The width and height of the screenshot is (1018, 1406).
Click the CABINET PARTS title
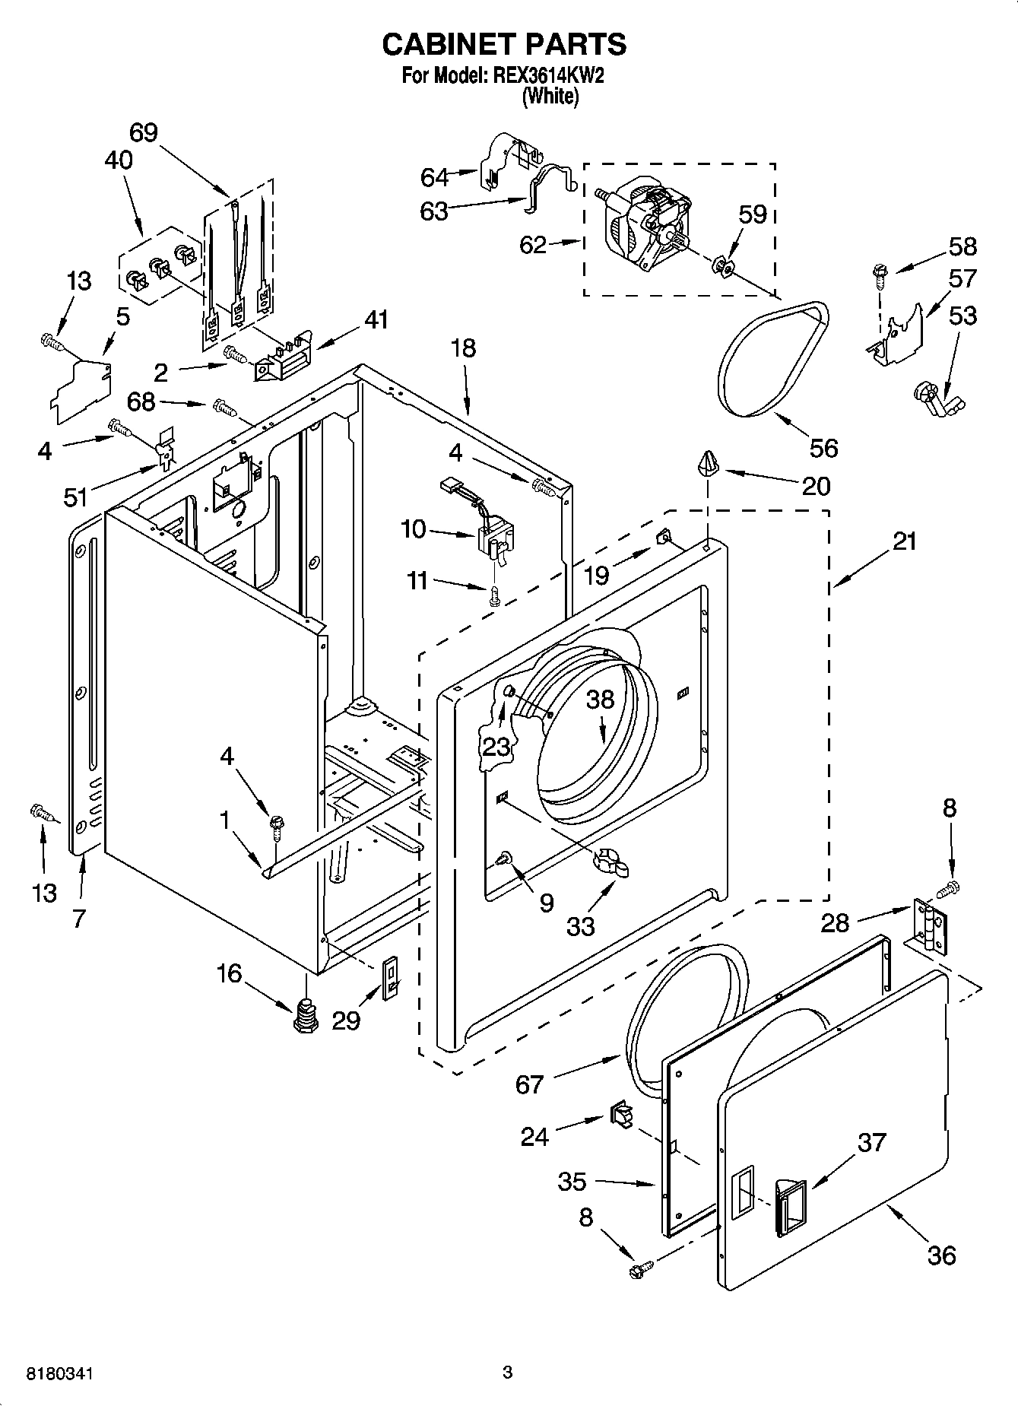click(x=504, y=44)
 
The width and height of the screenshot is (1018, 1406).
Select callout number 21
click(x=905, y=541)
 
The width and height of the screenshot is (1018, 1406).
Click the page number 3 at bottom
click(x=508, y=1373)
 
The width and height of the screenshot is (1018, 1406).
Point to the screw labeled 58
click(x=881, y=275)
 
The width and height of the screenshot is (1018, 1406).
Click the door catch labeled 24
click(x=620, y=1116)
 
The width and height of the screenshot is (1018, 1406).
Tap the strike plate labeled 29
click(x=390, y=979)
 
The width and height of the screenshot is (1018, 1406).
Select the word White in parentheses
click(x=550, y=97)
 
